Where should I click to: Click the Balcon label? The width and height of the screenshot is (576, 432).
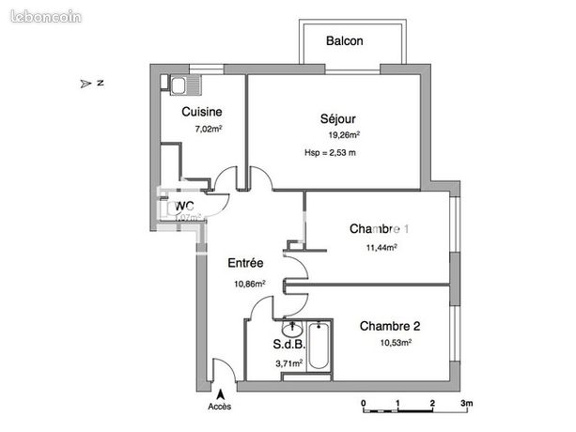click(x=345, y=41)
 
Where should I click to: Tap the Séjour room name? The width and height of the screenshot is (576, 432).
click(x=337, y=118)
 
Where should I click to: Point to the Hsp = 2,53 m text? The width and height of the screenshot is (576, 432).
click(x=331, y=152)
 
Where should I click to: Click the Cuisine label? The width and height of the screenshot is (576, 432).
click(x=202, y=112)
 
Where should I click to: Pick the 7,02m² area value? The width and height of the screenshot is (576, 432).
click(x=208, y=129)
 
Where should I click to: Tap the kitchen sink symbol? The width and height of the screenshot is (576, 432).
click(x=179, y=86)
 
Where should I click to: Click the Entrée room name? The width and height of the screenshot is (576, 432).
click(x=246, y=264)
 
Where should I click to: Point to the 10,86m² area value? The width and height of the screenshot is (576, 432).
click(x=249, y=283)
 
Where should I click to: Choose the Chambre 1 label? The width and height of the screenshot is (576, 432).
click(x=380, y=229)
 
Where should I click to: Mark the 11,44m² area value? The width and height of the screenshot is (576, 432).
click(x=381, y=247)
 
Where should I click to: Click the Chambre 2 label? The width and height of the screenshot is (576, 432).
click(x=389, y=326)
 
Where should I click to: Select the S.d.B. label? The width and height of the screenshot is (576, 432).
click(x=288, y=345)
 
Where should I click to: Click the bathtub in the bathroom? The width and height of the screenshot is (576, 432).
click(x=319, y=347)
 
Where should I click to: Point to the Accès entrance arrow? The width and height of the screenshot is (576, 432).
click(x=221, y=394)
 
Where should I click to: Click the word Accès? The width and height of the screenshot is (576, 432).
click(x=220, y=407)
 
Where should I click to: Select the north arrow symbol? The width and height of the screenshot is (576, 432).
click(x=87, y=84)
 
